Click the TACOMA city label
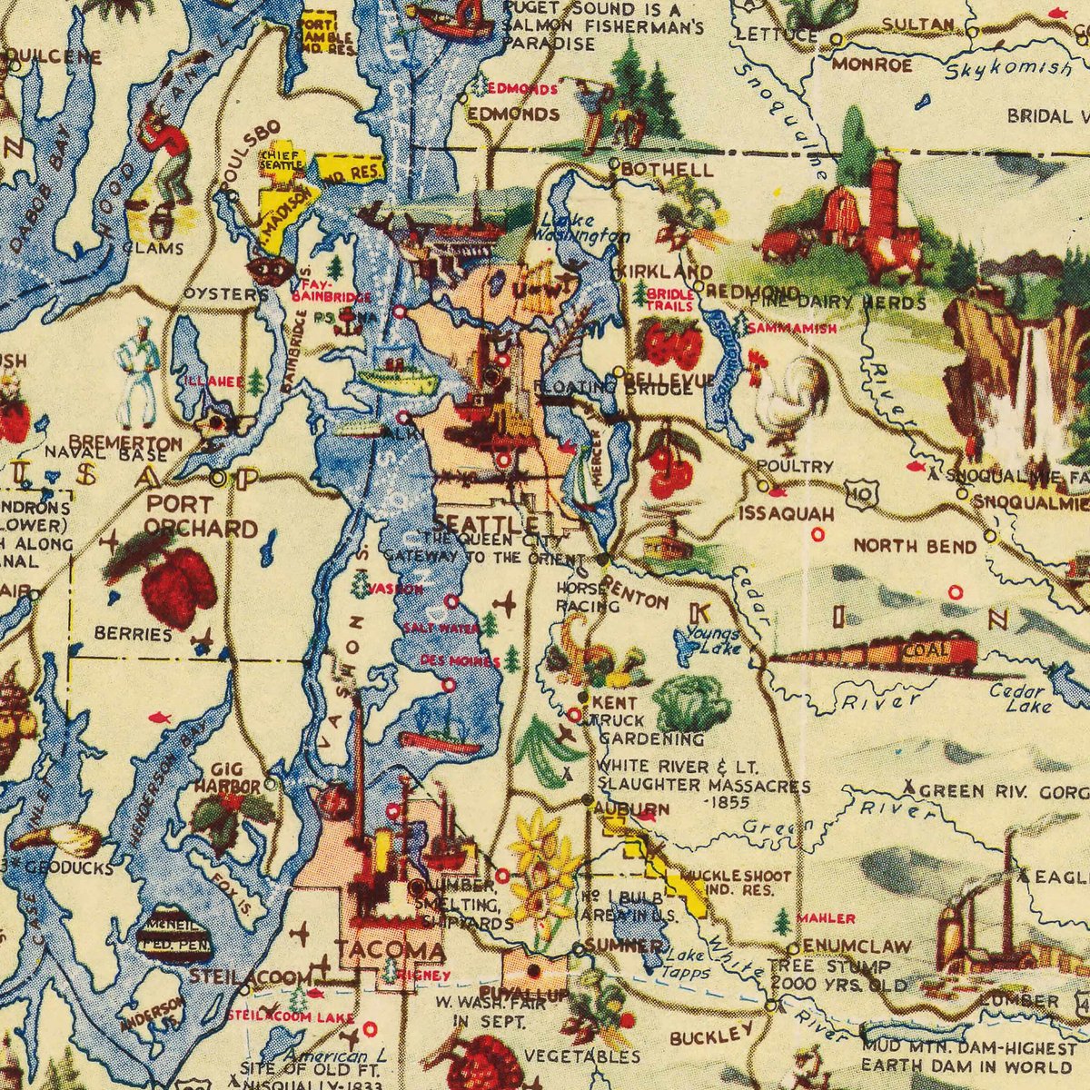point(390,950)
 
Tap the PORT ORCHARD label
point(200,516)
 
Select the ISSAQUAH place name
point(786,513)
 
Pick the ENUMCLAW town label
point(857,946)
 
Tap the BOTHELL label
point(668,170)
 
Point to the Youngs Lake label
point(713,639)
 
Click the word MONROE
point(872,65)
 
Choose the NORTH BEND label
point(915,546)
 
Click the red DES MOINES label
point(451,660)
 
